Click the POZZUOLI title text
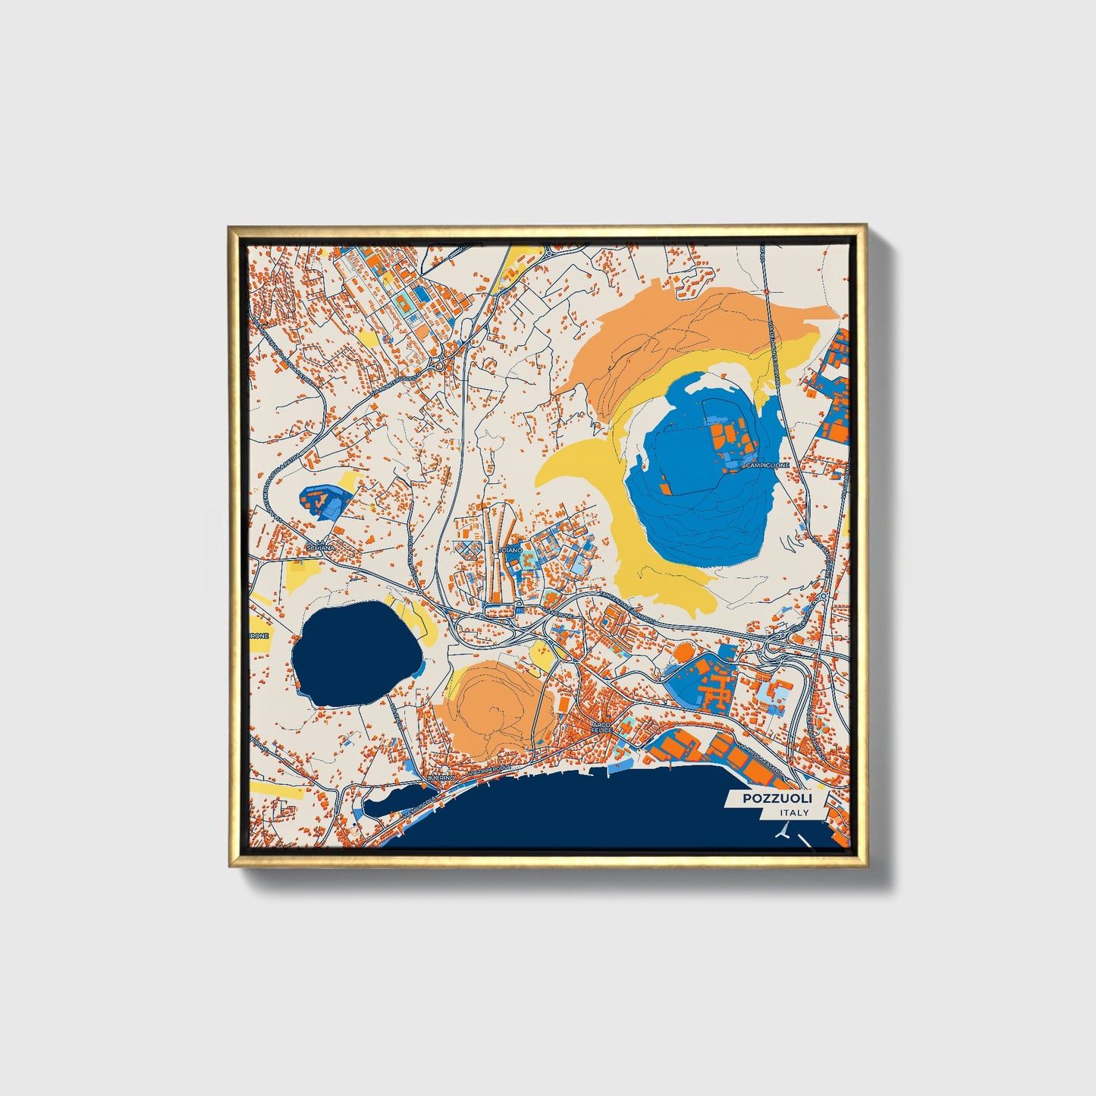(777, 799)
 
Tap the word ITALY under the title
(793, 813)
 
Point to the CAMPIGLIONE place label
(768, 465)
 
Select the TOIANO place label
(511, 549)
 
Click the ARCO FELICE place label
(601, 727)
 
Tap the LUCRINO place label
(441, 778)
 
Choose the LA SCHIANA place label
(318, 546)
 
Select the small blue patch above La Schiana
(325, 501)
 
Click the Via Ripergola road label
(488, 771)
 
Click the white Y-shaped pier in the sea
(782, 832)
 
